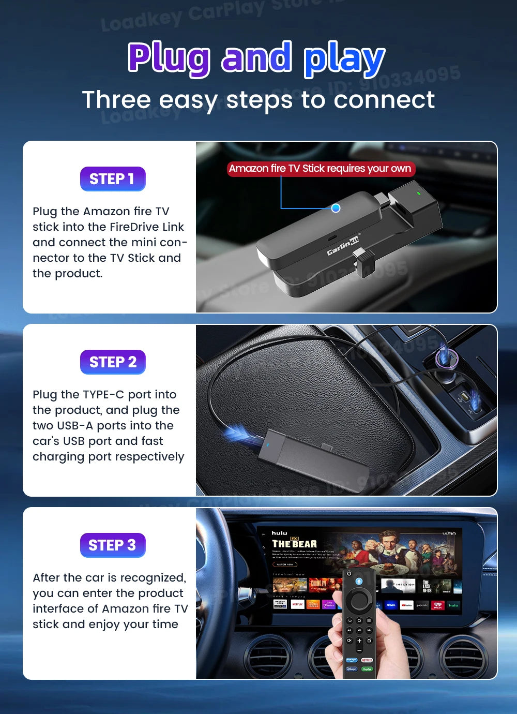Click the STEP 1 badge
click(112, 179)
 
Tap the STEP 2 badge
click(112, 362)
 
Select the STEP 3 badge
click(112, 545)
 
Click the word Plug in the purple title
click(169, 59)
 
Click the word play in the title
click(344, 59)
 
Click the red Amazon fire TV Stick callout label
click(321, 169)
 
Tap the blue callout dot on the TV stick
click(336, 208)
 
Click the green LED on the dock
click(418, 194)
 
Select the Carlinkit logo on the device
click(342, 245)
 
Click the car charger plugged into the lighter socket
click(443, 357)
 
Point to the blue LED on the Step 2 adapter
click(267, 444)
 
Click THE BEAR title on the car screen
click(294, 544)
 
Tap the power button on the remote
click(349, 574)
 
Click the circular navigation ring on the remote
click(359, 600)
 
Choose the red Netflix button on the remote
click(367, 660)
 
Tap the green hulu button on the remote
click(367, 668)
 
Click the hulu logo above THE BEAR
click(279, 533)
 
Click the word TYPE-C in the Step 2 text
click(103, 395)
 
